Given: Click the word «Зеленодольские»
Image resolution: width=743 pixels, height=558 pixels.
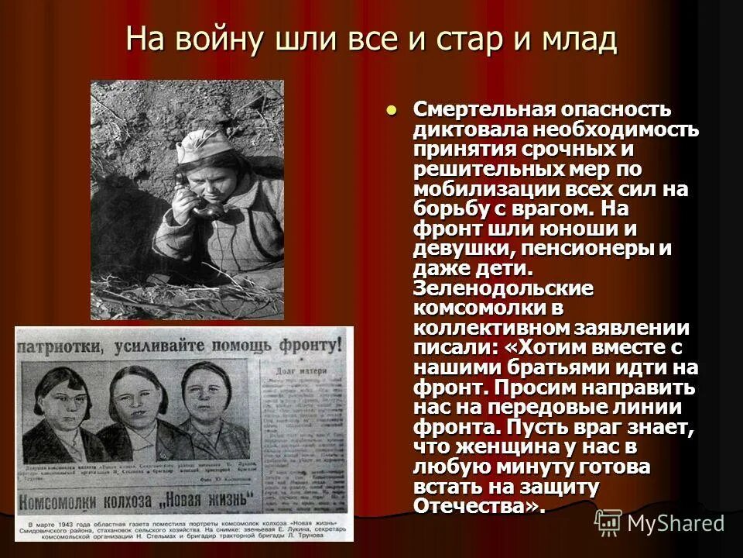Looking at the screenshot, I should pyautogui.click(x=504, y=288).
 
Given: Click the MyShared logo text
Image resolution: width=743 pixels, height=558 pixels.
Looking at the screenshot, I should pyautogui.click(x=676, y=523).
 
